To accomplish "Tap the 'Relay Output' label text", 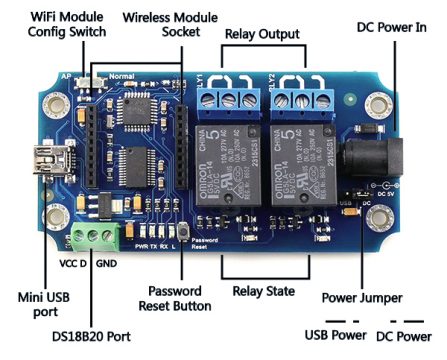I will pyautogui.click(x=262, y=35).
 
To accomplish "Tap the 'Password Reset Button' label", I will pyautogui.click(x=185, y=303).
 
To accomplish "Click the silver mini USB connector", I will pyautogui.click(x=47, y=159).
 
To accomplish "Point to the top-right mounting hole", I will pyautogui.click(x=379, y=103).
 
